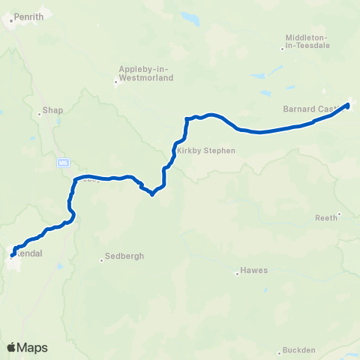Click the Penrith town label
pos(27,15)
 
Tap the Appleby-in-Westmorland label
pos(146,73)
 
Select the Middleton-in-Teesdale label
pos(313,42)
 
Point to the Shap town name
pos(53,109)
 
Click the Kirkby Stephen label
pos(205,150)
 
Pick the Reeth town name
pos(326,217)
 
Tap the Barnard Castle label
pos(311,109)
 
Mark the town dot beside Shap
pos(40,115)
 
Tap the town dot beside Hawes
pos(238,274)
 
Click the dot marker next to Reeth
pos(339,214)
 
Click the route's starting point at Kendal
pos(13,256)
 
